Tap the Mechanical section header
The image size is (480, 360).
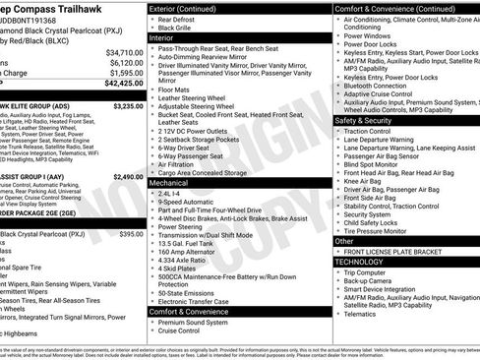point(171,182)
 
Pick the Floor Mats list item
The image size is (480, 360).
point(172,88)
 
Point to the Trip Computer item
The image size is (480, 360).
point(369,271)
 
